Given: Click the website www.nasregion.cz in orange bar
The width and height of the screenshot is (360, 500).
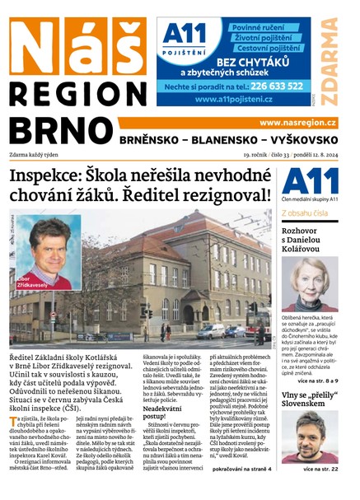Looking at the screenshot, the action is point(297,123).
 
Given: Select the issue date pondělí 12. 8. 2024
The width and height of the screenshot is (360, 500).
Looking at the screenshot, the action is point(309,152).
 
